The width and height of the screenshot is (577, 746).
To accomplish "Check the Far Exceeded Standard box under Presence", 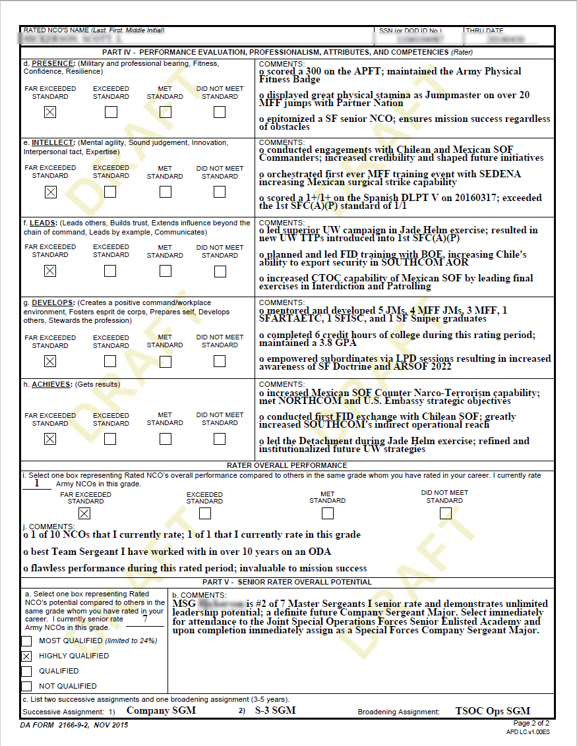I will (x=50, y=112).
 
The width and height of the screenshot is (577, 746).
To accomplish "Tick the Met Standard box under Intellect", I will (x=165, y=192).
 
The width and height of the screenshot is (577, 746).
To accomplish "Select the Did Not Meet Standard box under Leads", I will (x=220, y=271).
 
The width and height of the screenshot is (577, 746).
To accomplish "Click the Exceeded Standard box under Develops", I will (x=111, y=361).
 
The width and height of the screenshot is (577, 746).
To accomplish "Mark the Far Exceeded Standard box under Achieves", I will (x=50, y=439).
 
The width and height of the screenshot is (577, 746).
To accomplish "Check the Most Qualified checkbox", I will (x=26, y=641).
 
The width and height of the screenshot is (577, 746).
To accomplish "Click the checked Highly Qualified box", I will (x=26, y=656).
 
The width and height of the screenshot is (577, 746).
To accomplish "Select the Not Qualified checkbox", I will (x=26, y=686).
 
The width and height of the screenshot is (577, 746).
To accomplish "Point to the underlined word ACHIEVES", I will (x=52, y=384).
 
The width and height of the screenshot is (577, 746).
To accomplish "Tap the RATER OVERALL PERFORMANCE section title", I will (x=287, y=465).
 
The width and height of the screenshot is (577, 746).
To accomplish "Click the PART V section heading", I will (x=287, y=582).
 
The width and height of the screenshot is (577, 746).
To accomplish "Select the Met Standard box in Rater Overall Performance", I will (x=327, y=513).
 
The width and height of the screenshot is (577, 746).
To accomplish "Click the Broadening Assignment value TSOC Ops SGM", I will (x=493, y=711).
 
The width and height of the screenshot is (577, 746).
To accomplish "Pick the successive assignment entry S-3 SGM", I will (x=275, y=710).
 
